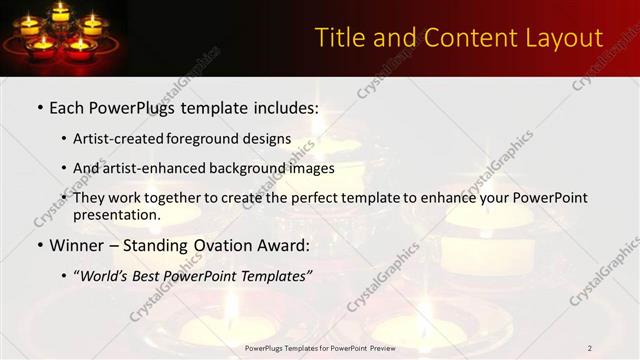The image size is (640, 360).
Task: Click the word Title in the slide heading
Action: [339, 38]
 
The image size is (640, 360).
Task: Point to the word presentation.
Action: [116, 215]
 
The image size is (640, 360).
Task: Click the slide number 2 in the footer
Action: [590, 348]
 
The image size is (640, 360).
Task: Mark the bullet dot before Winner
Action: [39, 246]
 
